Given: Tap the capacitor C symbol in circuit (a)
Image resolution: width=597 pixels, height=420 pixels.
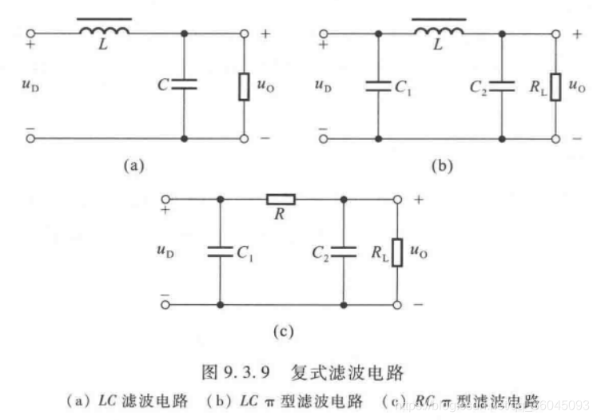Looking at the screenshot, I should [185, 84].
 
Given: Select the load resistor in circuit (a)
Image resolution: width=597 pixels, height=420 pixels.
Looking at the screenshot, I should [245, 85].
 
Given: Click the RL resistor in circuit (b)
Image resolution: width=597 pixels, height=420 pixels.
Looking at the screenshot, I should [555, 85].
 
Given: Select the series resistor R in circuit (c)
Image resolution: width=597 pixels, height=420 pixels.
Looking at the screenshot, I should [281, 199].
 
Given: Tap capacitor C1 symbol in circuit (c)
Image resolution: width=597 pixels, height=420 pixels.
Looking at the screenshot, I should [219, 252].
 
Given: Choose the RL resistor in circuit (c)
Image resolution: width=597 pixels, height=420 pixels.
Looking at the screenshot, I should [395, 252].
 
